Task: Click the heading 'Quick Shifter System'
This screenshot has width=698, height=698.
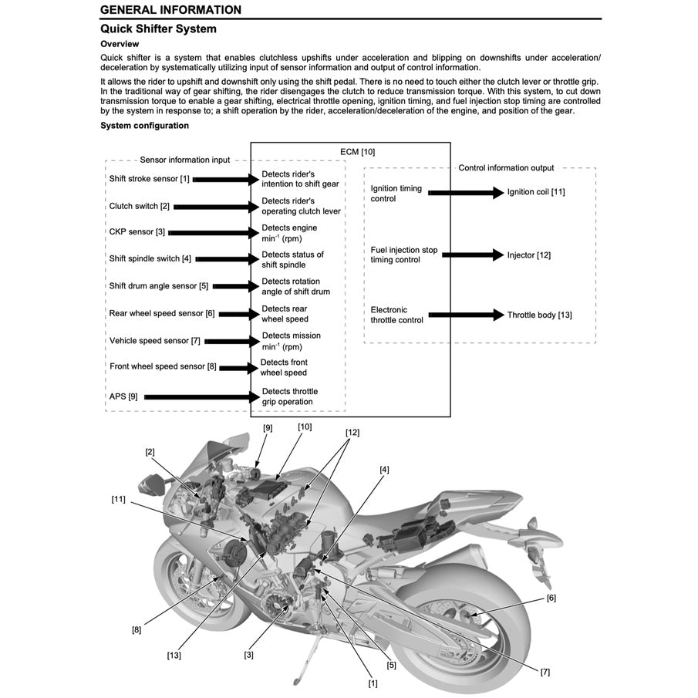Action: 158,29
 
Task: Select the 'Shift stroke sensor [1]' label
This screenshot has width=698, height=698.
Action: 149,179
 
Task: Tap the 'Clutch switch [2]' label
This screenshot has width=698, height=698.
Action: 139,206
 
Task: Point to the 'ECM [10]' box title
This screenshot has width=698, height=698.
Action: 357,152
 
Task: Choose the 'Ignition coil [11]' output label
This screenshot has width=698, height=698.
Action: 535,192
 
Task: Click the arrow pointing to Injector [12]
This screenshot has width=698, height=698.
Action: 472,255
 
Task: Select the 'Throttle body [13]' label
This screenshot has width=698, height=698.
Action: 539,315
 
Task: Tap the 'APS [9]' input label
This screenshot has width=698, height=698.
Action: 123,396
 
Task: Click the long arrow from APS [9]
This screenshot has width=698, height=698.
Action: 201,396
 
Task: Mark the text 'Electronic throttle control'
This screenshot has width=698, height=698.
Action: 396,315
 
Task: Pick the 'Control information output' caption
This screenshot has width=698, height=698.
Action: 506,168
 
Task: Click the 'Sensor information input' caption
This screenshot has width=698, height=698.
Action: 184,160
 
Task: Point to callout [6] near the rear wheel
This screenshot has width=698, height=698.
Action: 551,598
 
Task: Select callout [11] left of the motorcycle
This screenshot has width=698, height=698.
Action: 118,499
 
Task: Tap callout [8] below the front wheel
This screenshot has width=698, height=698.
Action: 137,629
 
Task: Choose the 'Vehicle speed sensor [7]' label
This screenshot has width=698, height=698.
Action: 154,340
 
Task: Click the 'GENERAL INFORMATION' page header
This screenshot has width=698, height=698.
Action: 170,10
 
